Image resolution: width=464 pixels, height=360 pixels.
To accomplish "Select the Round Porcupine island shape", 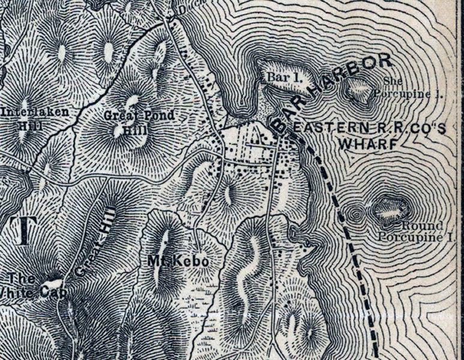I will [x=391, y=209].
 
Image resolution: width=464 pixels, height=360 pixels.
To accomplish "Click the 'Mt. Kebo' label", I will [x=170, y=262].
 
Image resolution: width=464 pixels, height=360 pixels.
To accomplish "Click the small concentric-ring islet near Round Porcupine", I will [x=355, y=214].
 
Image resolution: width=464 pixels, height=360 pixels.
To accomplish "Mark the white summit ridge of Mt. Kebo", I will [x=161, y=249].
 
